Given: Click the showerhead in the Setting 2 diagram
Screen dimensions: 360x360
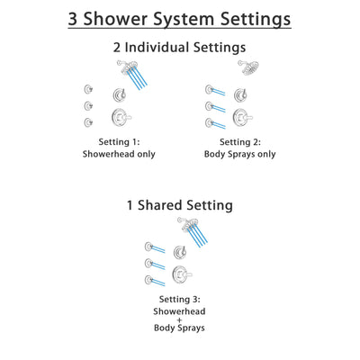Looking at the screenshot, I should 246,67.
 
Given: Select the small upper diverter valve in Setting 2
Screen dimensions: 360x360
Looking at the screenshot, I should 243,94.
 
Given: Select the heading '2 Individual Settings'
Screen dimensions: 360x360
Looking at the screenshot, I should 180,47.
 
